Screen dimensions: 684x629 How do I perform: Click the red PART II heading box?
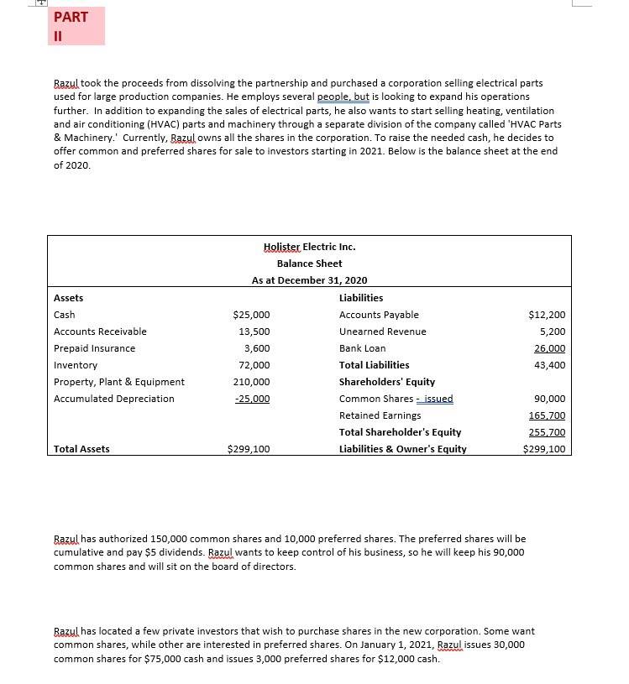coord(77,26)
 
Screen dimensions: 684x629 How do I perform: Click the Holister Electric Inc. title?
coord(309,247)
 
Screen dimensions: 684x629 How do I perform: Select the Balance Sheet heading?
coord(309,264)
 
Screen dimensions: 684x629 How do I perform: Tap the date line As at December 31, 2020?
coord(309,280)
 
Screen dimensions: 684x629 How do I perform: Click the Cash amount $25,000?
coord(251,315)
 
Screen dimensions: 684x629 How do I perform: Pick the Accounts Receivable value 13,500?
coord(254,332)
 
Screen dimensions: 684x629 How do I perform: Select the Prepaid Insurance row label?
coord(94,348)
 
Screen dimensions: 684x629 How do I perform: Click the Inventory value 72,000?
coord(254,365)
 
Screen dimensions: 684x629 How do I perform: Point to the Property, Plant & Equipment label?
coord(118,382)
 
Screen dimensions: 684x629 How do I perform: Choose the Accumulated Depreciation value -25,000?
coord(252,399)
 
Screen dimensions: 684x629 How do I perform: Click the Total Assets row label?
coord(81,449)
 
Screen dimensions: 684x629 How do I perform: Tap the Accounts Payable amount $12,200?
coord(547,315)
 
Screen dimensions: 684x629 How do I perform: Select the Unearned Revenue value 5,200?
coord(552,332)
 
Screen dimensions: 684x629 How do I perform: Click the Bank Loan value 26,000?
coord(549,348)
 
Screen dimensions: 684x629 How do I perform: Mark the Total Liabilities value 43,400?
coord(549,365)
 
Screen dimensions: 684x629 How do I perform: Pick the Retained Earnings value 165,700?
coord(547,415)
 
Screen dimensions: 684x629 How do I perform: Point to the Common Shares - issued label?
coord(396,399)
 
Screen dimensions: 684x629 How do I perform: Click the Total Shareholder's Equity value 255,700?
coord(547,432)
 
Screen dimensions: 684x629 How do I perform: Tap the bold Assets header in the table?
coord(68,298)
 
